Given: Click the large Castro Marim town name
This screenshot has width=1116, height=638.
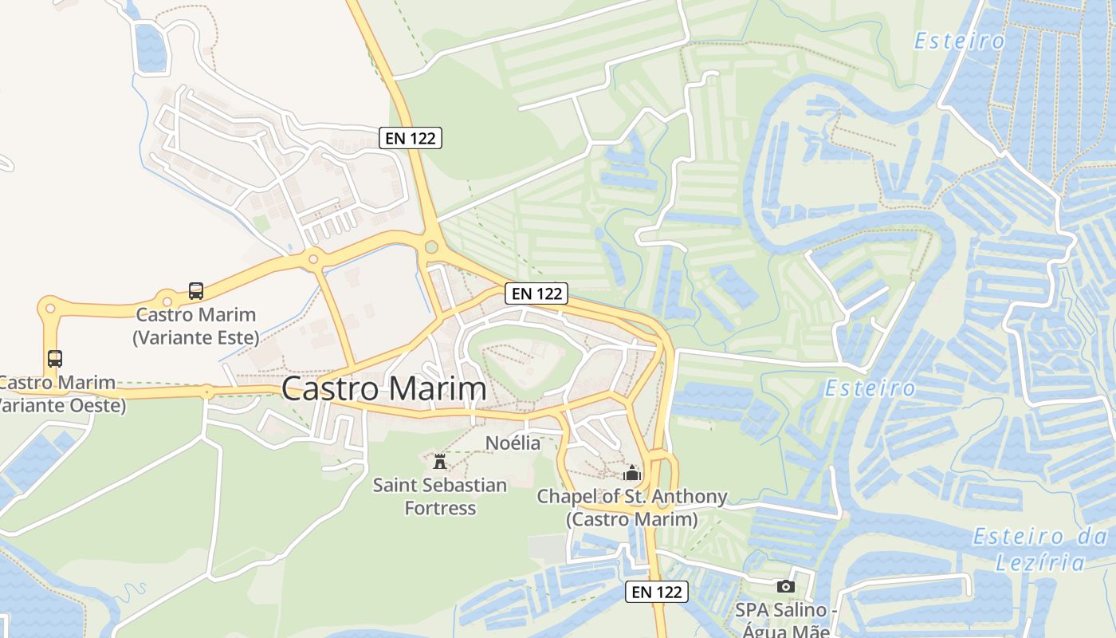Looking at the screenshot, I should [x=383, y=389].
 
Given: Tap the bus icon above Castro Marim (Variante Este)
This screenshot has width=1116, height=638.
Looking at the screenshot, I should [x=196, y=291].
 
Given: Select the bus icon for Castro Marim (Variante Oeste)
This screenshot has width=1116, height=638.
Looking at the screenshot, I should [x=54, y=359].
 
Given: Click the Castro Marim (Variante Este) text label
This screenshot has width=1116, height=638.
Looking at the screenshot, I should [x=196, y=325].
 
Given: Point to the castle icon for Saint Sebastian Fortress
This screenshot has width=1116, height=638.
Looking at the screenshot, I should [x=439, y=461].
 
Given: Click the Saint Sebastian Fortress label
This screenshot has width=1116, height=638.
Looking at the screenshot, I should [x=439, y=496].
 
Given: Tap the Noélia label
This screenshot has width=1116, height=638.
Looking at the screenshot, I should [x=513, y=443].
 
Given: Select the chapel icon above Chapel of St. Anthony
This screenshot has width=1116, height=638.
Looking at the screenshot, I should [x=632, y=473].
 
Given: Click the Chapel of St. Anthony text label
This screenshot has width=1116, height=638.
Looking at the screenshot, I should [x=631, y=508].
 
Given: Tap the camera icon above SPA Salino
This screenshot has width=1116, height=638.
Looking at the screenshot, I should [x=785, y=586].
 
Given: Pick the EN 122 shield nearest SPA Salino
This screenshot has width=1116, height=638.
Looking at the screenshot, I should [x=656, y=592].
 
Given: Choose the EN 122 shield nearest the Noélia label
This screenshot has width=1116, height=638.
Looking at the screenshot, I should [x=536, y=293].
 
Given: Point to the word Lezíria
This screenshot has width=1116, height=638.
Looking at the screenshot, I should [x=1039, y=562].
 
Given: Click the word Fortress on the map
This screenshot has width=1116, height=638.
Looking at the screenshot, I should [x=439, y=508].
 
